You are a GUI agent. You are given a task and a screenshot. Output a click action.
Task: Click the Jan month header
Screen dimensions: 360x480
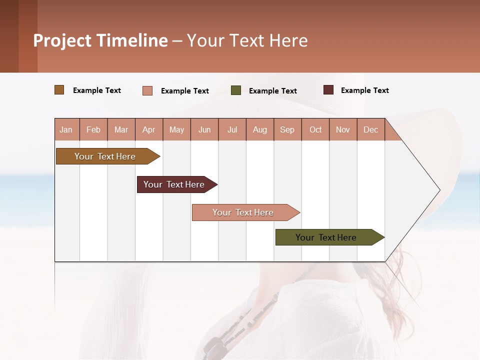(x=66, y=129)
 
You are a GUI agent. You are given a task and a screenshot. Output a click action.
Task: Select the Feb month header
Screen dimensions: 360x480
(x=93, y=129)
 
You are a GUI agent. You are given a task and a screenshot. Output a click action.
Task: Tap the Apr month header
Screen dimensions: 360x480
(x=148, y=129)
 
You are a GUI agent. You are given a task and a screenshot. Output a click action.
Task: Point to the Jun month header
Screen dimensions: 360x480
(x=204, y=129)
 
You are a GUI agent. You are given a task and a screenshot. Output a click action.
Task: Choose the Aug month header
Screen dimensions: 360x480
(x=259, y=129)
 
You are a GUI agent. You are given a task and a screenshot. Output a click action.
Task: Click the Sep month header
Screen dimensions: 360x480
(x=287, y=129)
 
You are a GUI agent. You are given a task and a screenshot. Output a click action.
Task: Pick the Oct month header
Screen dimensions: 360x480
(x=315, y=129)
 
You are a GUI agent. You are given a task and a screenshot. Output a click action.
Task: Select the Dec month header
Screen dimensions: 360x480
(x=370, y=129)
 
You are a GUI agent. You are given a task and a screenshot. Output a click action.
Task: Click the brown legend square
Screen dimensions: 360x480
(x=59, y=90)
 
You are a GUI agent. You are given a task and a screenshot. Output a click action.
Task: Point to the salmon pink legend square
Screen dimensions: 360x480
(x=147, y=90)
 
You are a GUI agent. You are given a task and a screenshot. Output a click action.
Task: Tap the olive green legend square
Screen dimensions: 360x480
(x=236, y=90)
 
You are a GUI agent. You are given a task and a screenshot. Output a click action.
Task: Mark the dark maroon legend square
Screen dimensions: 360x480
(x=328, y=90)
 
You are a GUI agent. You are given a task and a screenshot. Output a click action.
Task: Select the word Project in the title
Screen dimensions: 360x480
(x=62, y=40)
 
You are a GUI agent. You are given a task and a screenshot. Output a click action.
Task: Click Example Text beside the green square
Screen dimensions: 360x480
(x=272, y=91)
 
